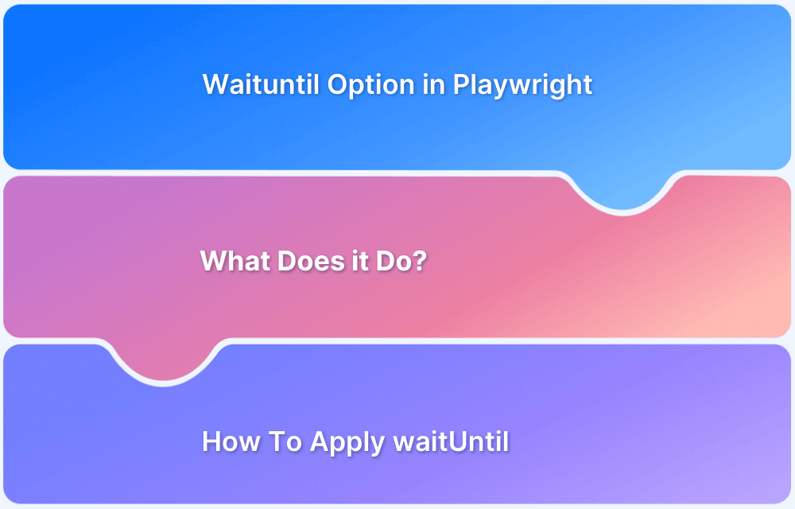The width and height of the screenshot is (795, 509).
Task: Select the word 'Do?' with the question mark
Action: (x=401, y=261)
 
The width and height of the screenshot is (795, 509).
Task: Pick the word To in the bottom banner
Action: (x=283, y=441)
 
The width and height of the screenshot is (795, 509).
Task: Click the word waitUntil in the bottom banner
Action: (x=451, y=441)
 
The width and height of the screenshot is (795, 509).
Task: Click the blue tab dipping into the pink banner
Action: (x=622, y=191)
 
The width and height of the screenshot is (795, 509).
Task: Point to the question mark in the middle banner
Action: (x=420, y=261)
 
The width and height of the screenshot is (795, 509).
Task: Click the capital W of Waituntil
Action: (x=215, y=84)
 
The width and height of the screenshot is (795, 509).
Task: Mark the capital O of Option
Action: (x=336, y=84)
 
